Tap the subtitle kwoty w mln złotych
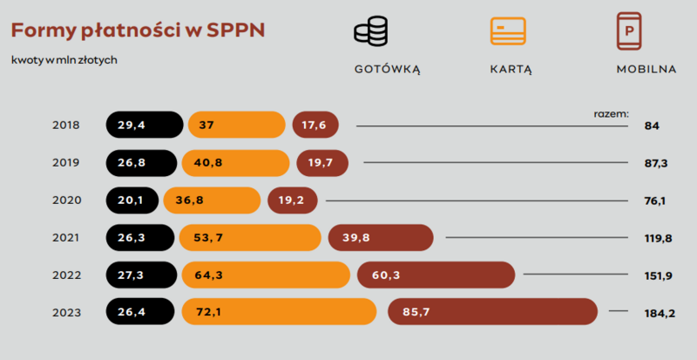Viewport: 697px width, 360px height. click(64, 60)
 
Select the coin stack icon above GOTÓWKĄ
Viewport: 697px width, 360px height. click(371, 31)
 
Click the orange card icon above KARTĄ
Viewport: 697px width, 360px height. click(509, 31)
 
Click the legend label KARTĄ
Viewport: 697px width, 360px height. click(511, 70)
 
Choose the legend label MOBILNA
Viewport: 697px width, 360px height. click(646, 70)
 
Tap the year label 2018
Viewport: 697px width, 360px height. click(66, 126)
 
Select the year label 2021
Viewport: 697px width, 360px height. click(66, 237)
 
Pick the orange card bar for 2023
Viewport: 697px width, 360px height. click(278, 311)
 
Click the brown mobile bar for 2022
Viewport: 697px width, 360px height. click(436, 275)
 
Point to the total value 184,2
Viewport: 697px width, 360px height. click(660, 312)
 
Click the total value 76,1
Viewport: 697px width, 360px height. click(655, 200)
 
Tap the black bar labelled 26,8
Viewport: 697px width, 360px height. click(141, 163)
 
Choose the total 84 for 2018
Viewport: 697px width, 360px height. click(652, 126)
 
